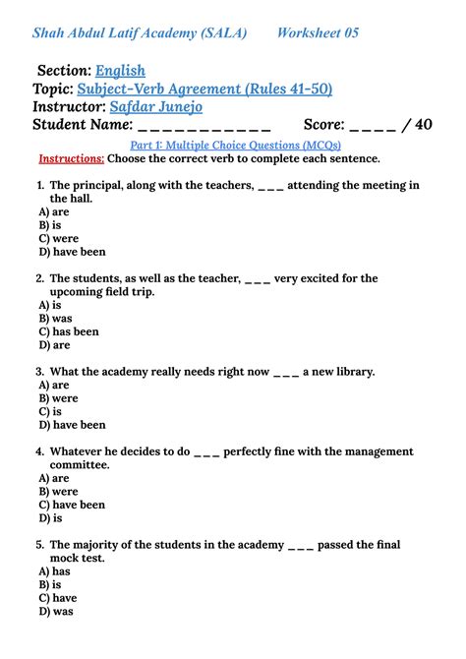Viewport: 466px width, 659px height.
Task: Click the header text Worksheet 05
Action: [x=318, y=33]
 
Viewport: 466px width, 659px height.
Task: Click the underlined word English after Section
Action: [x=120, y=71]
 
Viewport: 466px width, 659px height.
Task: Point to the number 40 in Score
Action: [x=423, y=125]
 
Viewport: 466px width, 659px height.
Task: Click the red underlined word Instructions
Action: [x=71, y=158]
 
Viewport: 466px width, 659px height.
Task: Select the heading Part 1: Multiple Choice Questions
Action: [x=233, y=145]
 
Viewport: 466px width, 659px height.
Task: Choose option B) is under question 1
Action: [x=50, y=225]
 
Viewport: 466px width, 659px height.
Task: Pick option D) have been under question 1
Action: [x=72, y=252]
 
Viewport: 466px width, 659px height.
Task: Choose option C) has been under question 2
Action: [x=69, y=332]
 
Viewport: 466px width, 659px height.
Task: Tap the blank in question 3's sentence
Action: [x=286, y=372]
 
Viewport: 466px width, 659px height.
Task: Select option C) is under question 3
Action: [x=50, y=412]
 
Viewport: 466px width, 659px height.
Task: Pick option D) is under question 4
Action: [x=50, y=517]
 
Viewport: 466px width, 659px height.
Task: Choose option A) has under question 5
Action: [x=54, y=571]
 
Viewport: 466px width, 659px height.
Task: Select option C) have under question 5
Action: [x=57, y=598]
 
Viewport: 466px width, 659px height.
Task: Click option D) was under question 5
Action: [x=56, y=611]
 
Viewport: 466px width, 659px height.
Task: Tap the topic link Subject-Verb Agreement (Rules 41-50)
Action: [x=204, y=89]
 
